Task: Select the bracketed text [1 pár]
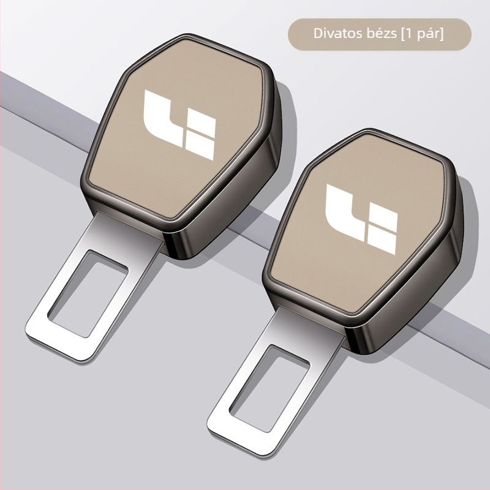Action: click(422, 34)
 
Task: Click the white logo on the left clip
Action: click(179, 125)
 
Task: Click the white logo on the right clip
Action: click(361, 219)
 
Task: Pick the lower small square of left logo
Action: click(200, 146)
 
